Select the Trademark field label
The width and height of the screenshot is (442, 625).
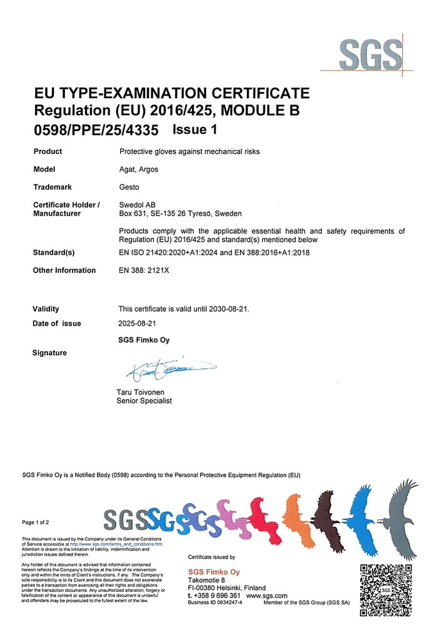(53, 187)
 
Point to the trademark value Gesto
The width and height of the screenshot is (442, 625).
(129, 187)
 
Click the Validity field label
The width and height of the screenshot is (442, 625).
(46, 309)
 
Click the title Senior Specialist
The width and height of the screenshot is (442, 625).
(144, 401)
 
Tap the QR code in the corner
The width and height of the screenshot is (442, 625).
(386, 589)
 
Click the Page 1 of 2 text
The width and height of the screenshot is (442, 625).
(36, 522)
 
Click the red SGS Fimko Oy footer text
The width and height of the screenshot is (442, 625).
(214, 572)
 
